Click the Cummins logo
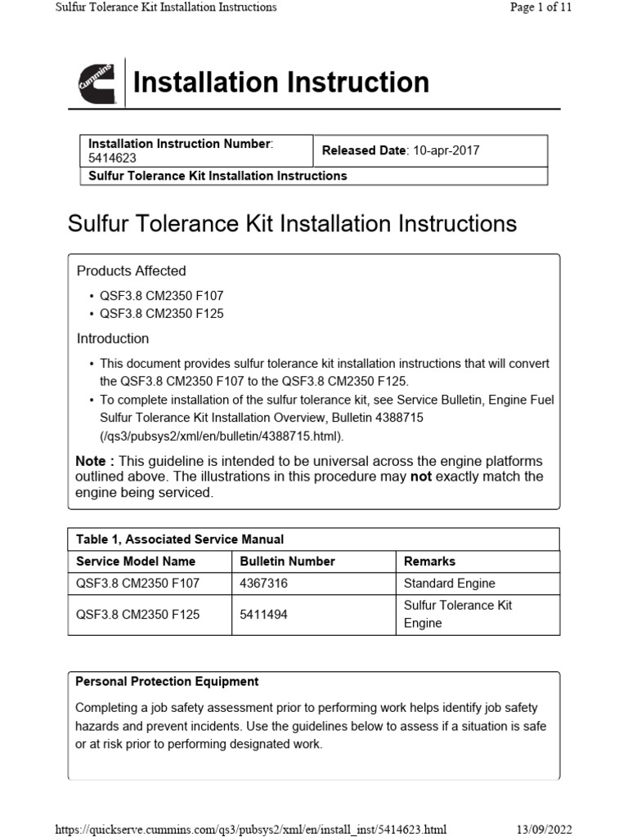click(96, 83)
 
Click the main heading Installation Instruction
click(280, 83)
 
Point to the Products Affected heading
click(131, 271)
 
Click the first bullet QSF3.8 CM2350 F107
click(161, 296)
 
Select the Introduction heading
click(113, 338)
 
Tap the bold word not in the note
click(420, 477)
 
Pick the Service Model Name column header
click(136, 562)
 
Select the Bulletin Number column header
click(288, 562)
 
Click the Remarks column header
click(429, 562)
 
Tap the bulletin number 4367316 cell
click(264, 584)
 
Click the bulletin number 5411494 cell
click(264, 614)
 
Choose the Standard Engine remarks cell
click(450, 584)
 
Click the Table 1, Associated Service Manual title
click(180, 539)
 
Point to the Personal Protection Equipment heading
click(167, 681)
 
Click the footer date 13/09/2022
click(545, 830)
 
